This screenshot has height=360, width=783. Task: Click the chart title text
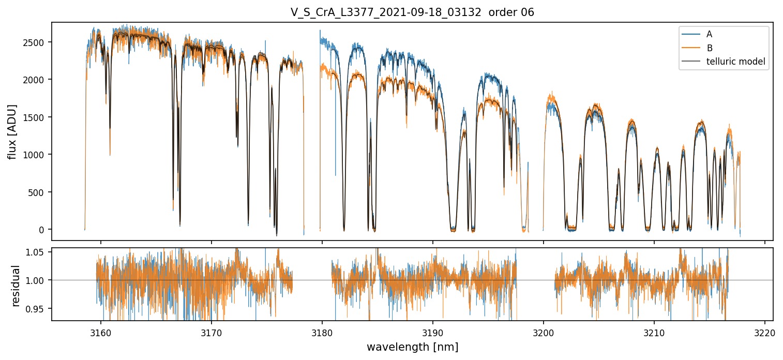coord(412,12)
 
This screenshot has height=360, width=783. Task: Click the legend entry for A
coord(709,34)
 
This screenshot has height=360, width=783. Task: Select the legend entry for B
coord(709,48)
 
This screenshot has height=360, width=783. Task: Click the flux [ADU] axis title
coord(12,131)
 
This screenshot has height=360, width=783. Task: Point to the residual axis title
coord(16,286)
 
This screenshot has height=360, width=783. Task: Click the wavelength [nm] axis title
coord(412,347)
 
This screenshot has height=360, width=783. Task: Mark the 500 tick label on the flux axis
coord(38,192)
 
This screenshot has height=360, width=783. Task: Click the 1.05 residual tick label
coord(37,252)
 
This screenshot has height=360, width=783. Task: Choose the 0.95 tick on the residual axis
coord(37,309)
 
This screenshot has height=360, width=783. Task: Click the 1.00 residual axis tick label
coord(37,280)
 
